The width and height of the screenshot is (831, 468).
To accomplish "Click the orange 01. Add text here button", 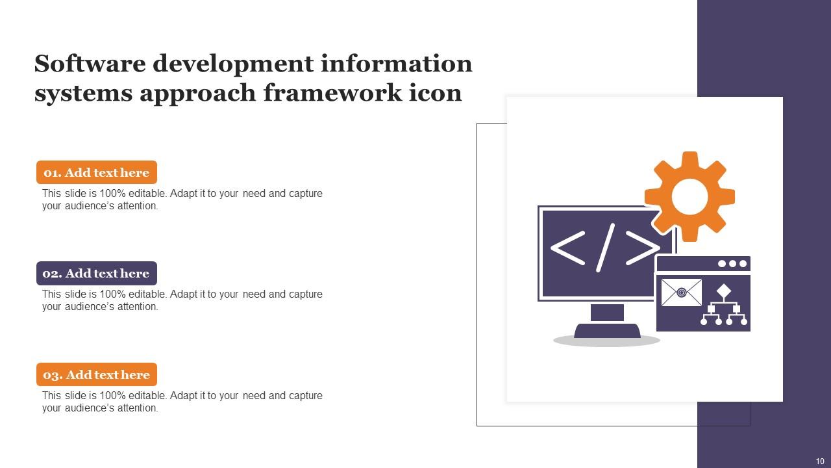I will click(97, 172).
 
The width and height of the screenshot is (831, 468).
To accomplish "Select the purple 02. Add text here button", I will click(97, 274).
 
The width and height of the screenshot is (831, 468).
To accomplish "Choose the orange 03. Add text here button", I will click(97, 374).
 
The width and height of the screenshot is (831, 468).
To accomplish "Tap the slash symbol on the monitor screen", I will click(604, 248).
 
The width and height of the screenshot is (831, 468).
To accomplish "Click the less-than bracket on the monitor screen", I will click(567, 248).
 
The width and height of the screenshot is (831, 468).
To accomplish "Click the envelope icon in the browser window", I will click(681, 292).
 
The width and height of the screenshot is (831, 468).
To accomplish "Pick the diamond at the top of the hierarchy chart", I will click(724, 291).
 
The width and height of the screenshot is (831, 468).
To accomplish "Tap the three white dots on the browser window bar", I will click(732, 263).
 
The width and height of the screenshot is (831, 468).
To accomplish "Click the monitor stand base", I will click(607, 331).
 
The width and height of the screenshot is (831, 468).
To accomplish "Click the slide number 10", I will click(819, 461).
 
